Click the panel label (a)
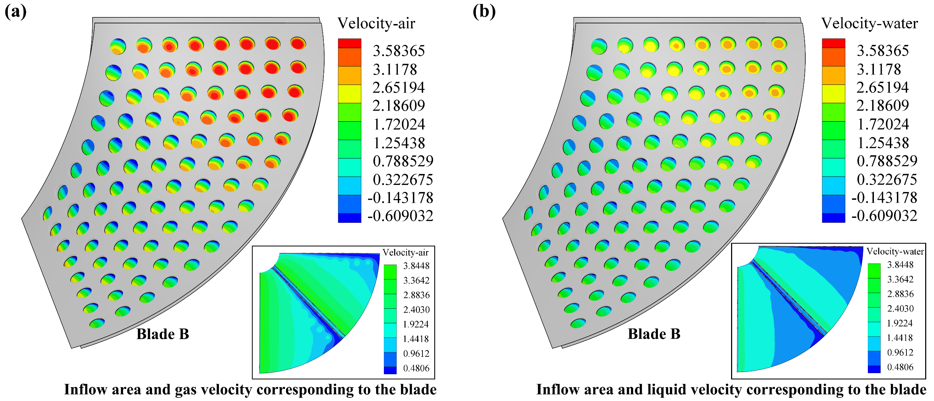tap(15, 12)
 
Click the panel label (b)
tap(484, 12)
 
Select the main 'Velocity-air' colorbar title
tap(376, 24)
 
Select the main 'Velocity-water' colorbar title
tap(869, 24)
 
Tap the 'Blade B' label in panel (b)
tap(654, 334)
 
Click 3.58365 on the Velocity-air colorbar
tap(398, 51)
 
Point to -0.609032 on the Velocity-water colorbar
tap(884, 216)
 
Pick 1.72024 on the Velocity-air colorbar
tap(398, 124)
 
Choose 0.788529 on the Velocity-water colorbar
tap(887, 161)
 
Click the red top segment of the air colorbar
tap(349, 43)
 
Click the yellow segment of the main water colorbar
tap(833, 94)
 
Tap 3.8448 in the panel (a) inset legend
tap(416, 266)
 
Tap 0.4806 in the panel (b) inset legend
tap(900, 367)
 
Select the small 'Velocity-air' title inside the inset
tap(405, 252)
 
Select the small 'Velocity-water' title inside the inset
tap(895, 251)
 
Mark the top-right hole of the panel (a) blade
tap(298, 43)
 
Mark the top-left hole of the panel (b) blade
tap(599, 47)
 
